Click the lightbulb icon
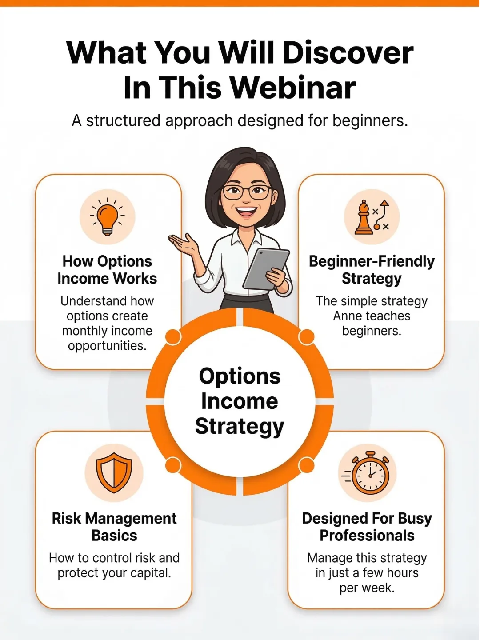pos(107,217)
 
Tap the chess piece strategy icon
pos(372,217)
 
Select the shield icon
pos(114,472)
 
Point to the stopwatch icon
pos(368,473)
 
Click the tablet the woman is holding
pos(266,269)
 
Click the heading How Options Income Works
pos(107,270)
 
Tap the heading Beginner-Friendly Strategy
pos(372,270)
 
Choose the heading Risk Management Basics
pos(114,527)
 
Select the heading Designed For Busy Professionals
pos(367,527)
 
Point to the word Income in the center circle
pos(240,401)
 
